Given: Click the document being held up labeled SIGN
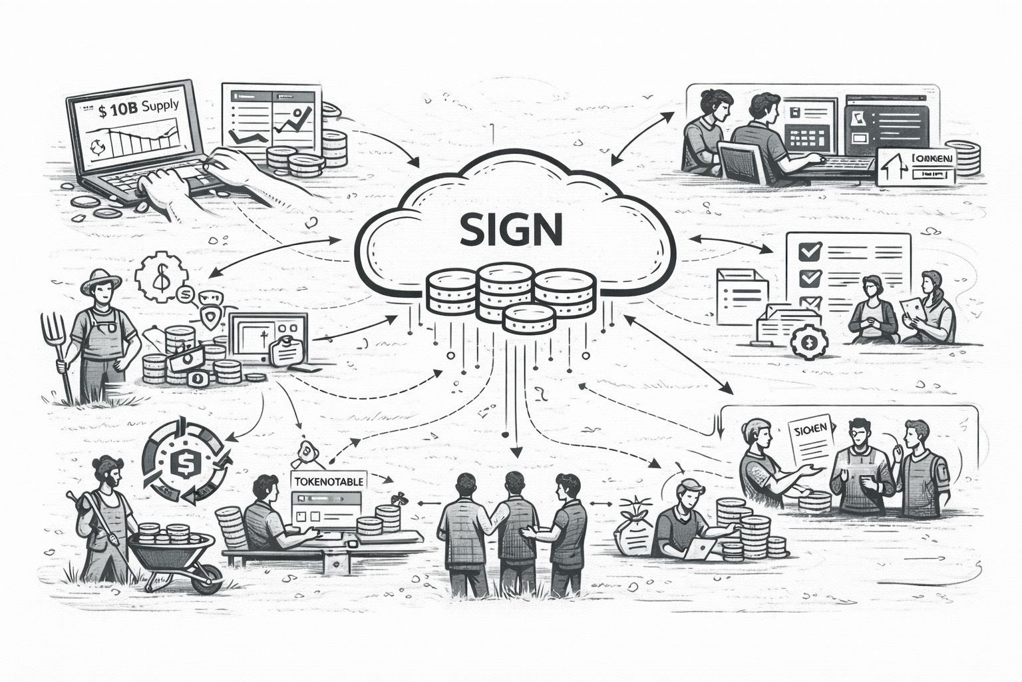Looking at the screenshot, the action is tap(810, 443).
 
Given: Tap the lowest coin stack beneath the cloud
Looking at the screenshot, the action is tap(529, 319).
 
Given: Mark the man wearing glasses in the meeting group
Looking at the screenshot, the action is tap(862, 466).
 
